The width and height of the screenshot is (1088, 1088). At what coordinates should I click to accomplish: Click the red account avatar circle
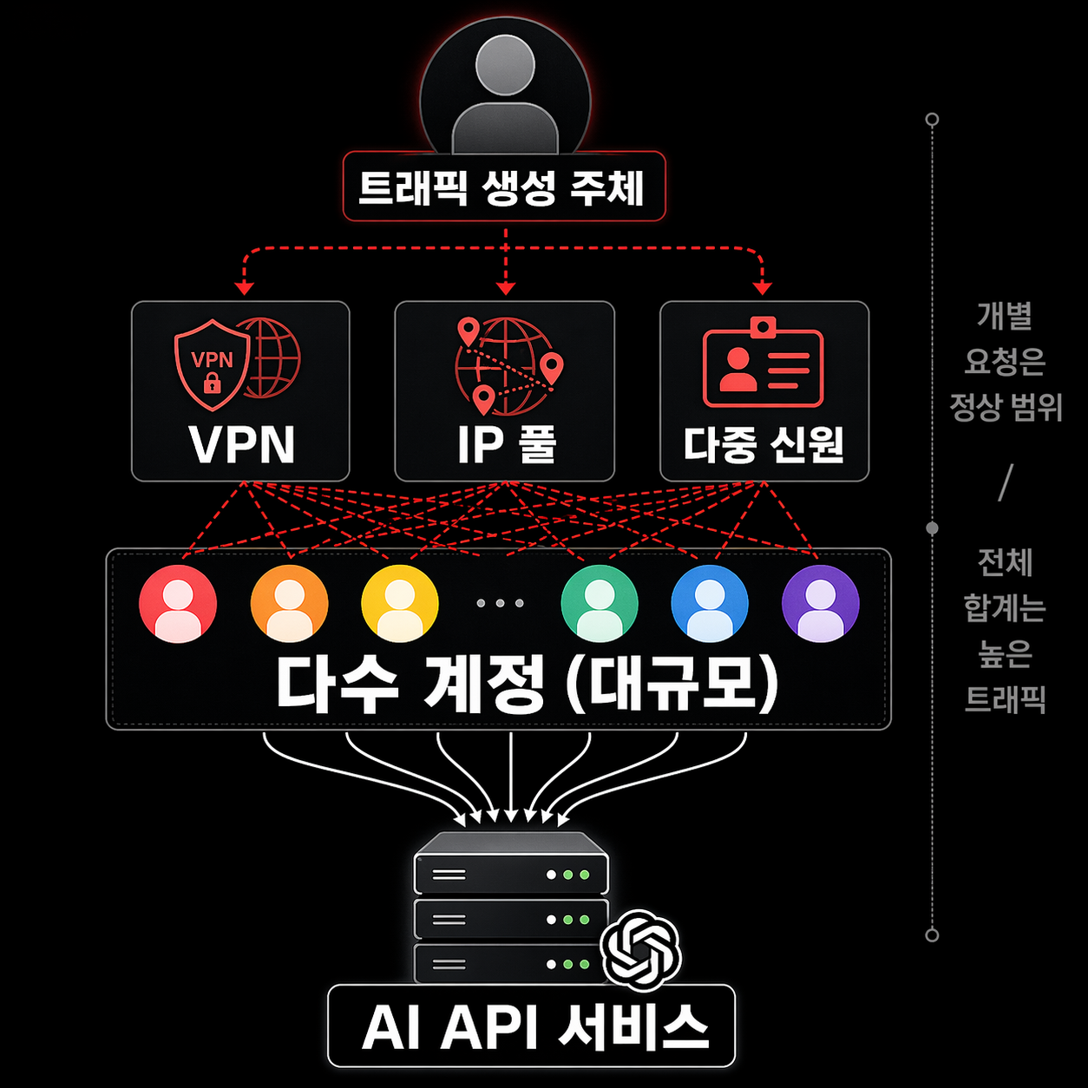pos(178,604)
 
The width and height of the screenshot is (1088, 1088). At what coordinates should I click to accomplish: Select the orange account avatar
pos(289,604)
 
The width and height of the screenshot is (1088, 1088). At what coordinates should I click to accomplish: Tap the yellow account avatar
pos(400,604)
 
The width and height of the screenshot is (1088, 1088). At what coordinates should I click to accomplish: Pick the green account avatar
pos(600,604)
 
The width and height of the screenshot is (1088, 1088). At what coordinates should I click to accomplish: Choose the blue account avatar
pos(710,604)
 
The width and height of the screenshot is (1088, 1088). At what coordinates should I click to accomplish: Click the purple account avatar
pos(821,604)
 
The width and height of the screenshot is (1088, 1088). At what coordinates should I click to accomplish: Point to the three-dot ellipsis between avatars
pos(500,604)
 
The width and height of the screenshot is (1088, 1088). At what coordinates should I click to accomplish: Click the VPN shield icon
pos(212,364)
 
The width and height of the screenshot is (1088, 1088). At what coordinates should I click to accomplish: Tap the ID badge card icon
pos(763,362)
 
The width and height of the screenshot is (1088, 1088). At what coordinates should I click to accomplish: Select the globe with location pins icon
pos(508,365)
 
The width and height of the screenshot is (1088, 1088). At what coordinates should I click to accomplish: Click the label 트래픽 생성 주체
pos(501,187)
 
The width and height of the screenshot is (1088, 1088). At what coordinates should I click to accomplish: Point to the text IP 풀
pos(507,444)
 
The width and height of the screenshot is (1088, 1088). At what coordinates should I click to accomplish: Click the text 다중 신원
pos(764,445)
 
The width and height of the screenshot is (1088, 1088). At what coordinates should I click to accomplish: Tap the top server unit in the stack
pos(511,863)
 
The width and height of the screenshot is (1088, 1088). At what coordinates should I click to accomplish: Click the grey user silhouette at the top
pos(505,93)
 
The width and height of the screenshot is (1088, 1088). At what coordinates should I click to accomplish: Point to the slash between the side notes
pos(1006,482)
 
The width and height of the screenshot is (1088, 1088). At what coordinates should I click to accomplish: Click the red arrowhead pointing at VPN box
pos(244,288)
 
